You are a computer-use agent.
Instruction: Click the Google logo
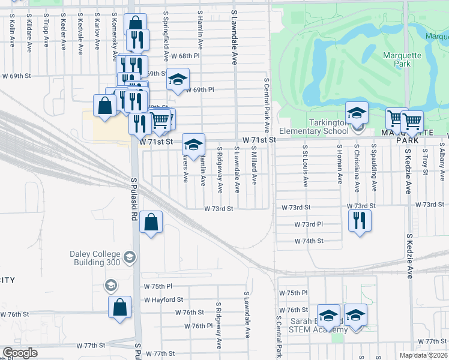pyautogui.click(x=20, y=353)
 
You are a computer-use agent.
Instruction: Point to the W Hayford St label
pyautogui.click(x=163, y=299)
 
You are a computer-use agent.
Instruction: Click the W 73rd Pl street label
pyautogui.click(x=309, y=224)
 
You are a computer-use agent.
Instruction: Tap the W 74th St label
pyautogui.click(x=309, y=241)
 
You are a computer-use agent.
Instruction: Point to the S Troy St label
pyautogui.click(x=425, y=162)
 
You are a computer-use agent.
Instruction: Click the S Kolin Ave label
pyautogui.click(x=12, y=33)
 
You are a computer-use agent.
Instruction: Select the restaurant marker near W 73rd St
pyautogui.click(x=360, y=219)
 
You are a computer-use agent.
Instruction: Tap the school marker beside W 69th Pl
pyautogui.click(x=177, y=80)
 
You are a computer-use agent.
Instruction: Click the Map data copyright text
pyautogui.click(x=424, y=355)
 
